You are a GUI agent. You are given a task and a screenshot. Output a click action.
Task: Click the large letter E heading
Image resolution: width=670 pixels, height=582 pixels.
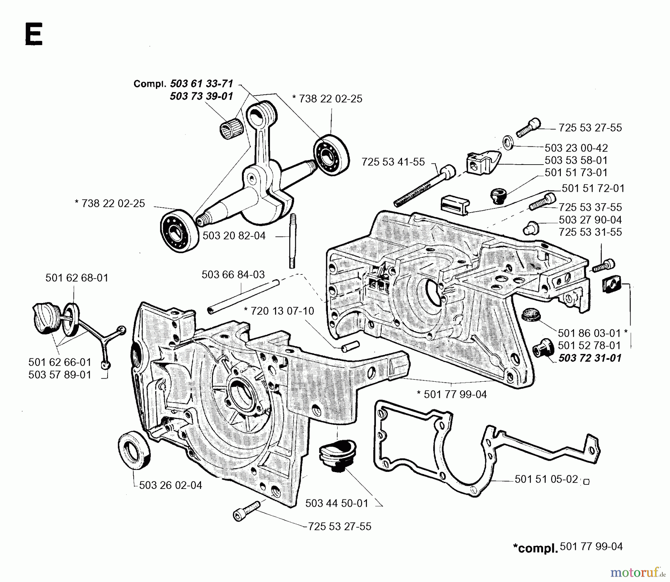[x=33, y=34]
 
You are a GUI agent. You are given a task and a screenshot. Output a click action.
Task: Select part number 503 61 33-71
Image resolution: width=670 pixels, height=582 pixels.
[x=201, y=83]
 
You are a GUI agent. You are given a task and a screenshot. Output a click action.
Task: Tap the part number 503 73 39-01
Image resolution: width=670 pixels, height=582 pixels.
[x=201, y=96]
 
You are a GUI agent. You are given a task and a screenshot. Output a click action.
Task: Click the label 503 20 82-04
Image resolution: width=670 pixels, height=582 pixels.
[x=234, y=236]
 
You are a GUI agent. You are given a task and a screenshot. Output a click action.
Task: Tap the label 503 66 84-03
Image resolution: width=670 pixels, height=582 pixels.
[x=233, y=275]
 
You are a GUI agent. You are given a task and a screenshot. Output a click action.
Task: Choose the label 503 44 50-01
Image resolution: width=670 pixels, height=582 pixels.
[x=336, y=503]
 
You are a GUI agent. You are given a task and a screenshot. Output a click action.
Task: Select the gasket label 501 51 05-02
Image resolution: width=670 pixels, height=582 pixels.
[x=546, y=479]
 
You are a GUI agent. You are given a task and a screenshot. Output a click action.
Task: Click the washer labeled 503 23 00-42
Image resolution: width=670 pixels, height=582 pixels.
[x=508, y=142]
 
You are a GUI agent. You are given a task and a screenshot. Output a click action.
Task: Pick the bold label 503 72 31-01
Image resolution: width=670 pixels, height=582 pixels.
[x=590, y=358]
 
